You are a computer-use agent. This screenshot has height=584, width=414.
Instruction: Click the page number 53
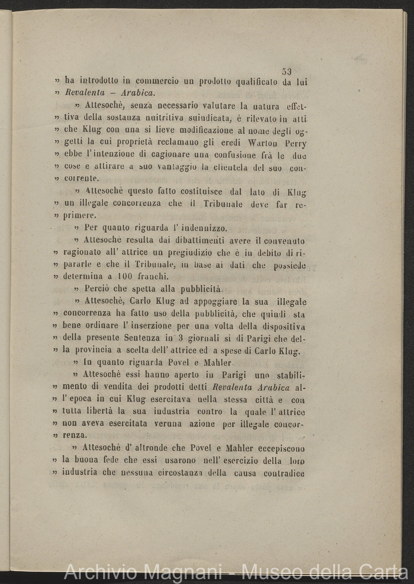(286, 71)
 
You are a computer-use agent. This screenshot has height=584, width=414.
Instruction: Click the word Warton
(263, 144)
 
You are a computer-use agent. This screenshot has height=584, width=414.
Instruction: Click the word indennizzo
(202, 227)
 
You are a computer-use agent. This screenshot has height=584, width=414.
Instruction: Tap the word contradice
(284, 473)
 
